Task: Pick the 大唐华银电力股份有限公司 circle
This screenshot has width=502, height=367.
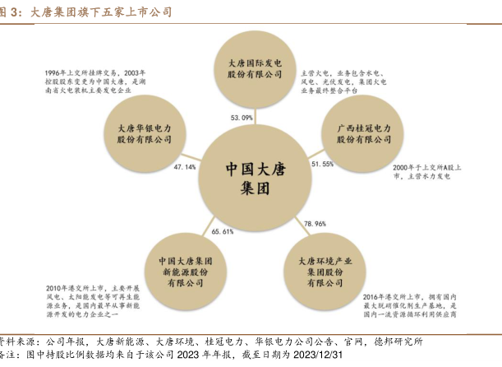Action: coord(145,134)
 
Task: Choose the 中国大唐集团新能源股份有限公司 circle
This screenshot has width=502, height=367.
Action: coord(187,271)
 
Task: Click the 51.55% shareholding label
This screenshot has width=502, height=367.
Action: coord(322,165)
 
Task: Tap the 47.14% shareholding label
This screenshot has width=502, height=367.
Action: coord(185,167)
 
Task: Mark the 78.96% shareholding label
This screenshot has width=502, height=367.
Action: coord(315,224)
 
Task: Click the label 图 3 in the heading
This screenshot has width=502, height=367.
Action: coord(10,12)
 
